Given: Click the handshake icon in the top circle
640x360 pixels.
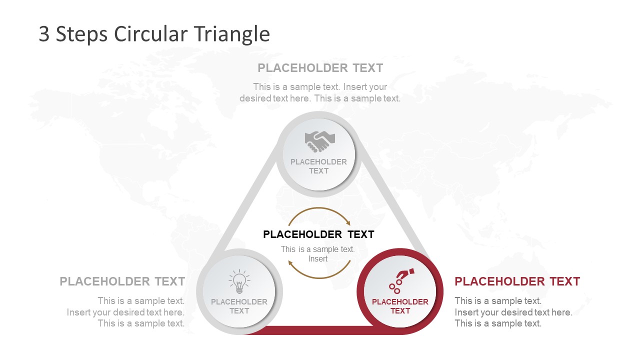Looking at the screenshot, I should click(x=319, y=141).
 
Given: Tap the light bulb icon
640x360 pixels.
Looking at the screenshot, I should click(x=239, y=282).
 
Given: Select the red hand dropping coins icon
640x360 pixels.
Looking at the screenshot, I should click(x=400, y=281).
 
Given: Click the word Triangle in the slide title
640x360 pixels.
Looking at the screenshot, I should click(x=231, y=34).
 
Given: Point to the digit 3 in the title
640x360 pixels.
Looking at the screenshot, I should click(x=44, y=34).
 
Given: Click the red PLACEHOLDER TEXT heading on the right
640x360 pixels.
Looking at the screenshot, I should click(x=517, y=281).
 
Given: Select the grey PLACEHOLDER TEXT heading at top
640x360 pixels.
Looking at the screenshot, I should click(x=320, y=68).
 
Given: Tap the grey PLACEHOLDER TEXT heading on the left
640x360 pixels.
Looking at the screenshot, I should click(x=122, y=281).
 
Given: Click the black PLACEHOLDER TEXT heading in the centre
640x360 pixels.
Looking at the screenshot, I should click(x=318, y=234).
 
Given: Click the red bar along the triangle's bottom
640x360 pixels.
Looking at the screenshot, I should click(x=310, y=330).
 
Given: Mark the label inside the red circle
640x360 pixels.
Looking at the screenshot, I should click(x=400, y=306).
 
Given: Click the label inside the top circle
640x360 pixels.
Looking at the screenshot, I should click(x=318, y=166).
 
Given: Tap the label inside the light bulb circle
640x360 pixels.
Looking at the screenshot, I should click(x=239, y=306).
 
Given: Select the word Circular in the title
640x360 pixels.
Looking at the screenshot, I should click(x=149, y=34).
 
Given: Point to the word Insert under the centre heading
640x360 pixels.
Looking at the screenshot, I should click(x=318, y=258).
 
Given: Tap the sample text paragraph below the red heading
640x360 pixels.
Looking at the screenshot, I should click(x=513, y=312).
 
